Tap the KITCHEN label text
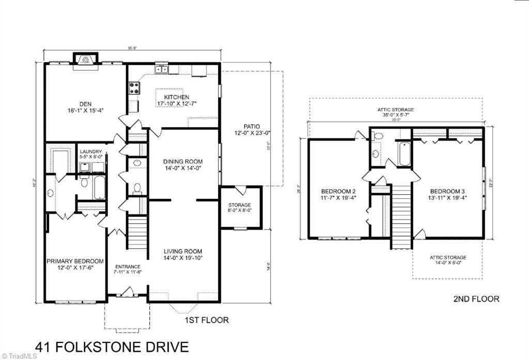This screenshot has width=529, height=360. pyautogui.click(x=177, y=97)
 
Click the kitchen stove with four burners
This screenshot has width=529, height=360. pyautogui.click(x=134, y=88)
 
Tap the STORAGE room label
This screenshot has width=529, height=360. pyautogui.click(x=240, y=205)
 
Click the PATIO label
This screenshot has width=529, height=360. pyautogui.click(x=252, y=126)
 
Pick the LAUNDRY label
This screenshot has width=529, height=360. pyautogui.click(x=90, y=151)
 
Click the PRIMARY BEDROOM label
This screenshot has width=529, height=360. pyautogui.click(x=75, y=261)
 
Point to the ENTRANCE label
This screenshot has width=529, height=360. pyautogui.click(x=128, y=266)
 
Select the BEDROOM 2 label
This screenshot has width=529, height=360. pyautogui.click(x=338, y=191)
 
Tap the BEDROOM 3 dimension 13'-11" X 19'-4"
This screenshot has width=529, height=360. pyautogui.click(x=448, y=197)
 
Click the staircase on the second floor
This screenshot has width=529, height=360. pyautogui.click(x=401, y=217)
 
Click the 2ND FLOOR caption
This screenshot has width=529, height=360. pyautogui.click(x=476, y=299)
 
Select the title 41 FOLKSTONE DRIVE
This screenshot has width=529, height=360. pyautogui.click(x=112, y=347)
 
